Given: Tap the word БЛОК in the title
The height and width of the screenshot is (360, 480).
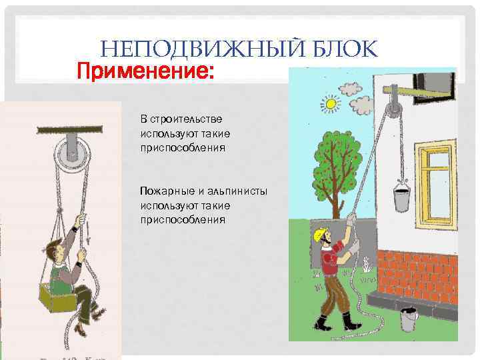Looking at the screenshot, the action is pyautogui.click(x=346, y=48).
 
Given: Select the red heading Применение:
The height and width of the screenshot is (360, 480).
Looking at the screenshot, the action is pyautogui.click(x=145, y=71).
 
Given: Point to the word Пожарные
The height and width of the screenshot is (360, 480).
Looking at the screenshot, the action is pyautogui.click(x=168, y=191).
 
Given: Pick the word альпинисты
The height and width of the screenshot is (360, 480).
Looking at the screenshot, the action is pyautogui.click(x=237, y=191).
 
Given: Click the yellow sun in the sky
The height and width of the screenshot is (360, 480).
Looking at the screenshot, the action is pyautogui.click(x=331, y=104).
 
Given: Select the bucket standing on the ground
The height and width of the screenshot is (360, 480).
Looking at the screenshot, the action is pyautogui.click(x=409, y=320).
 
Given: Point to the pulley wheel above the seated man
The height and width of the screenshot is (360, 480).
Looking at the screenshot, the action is pyautogui.click(x=72, y=153).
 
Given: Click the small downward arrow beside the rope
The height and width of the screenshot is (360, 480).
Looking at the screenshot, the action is pyautogui.click(x=88, y=232).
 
